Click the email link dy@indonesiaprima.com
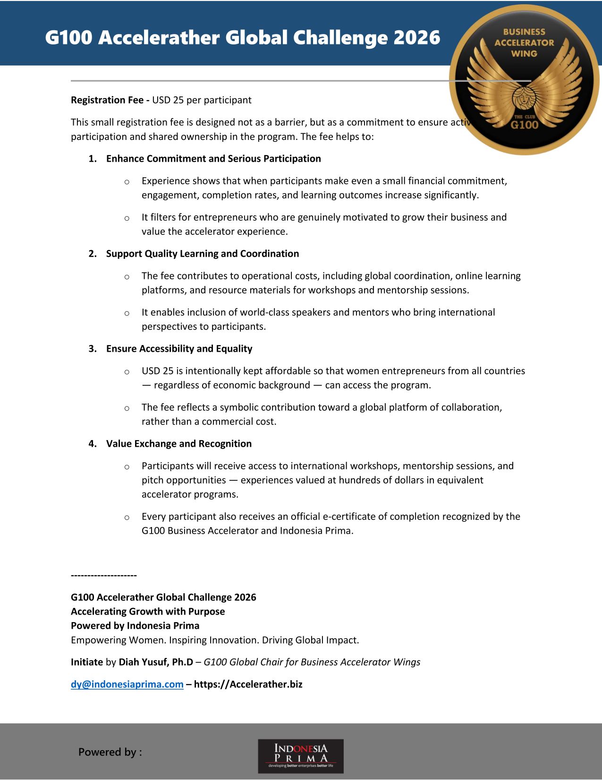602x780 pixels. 127,684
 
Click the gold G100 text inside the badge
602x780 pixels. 525,125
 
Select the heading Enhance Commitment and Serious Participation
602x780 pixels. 213,159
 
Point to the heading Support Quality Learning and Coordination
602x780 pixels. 203,254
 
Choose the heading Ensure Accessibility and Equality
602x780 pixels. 179,349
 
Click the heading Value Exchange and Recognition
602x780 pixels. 179,444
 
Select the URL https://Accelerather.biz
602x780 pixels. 248,684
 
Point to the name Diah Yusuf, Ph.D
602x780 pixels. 156,662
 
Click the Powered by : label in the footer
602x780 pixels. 110,752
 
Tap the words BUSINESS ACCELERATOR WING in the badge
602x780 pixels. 524,43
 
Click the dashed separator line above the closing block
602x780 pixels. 104,575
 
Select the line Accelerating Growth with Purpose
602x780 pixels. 148,611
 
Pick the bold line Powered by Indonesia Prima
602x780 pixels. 135,625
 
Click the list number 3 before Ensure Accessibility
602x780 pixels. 92,349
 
